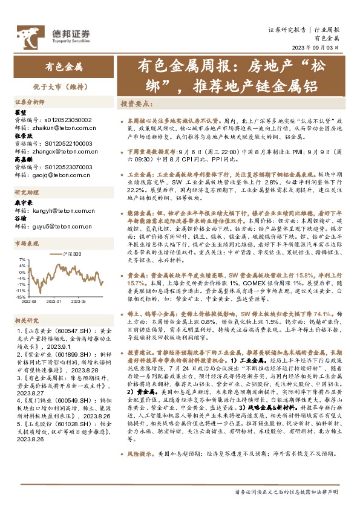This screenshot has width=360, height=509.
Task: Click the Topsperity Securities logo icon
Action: [x=27, y=35]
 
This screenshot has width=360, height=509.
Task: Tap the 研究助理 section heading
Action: [x=26, y=192]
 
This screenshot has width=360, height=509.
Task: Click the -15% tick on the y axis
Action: [x=21, y=297]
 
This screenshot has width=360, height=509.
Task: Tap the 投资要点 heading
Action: [x=136, y=103]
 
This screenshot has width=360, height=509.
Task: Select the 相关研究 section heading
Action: [x=26, y=320]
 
